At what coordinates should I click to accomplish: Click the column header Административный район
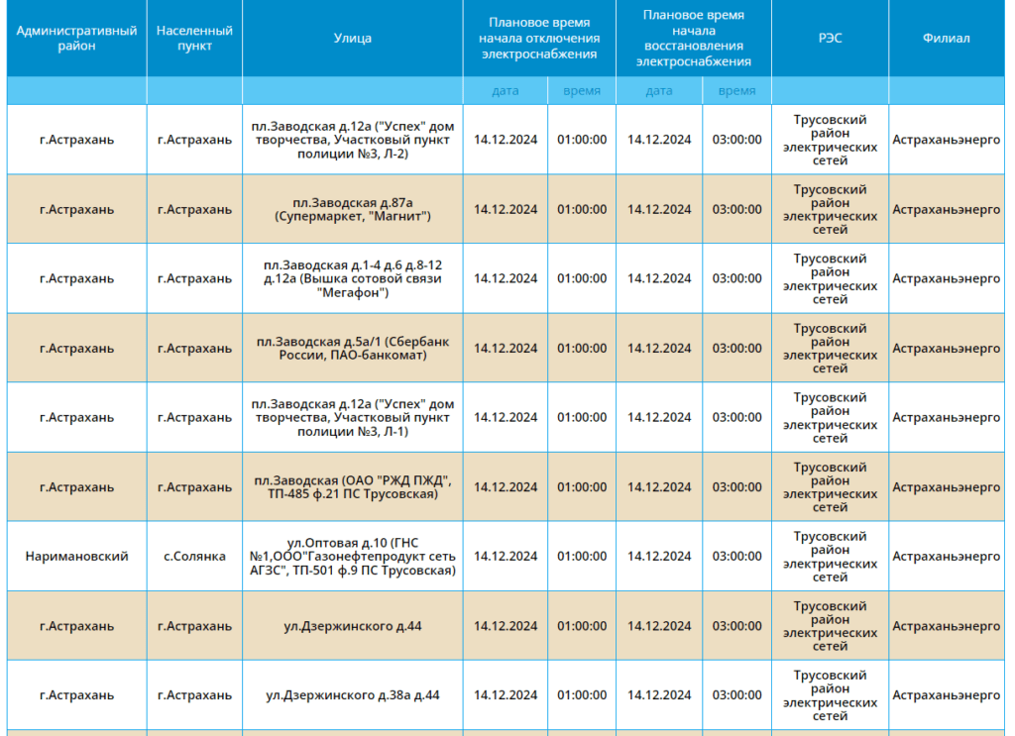coord(76,39)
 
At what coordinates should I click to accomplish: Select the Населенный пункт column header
coord(194,39)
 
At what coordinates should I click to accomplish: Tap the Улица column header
coord(352,39)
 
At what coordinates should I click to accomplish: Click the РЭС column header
coord(830,39)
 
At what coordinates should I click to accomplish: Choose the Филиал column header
coord(946,39)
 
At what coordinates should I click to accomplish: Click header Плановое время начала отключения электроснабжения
coord(539,39)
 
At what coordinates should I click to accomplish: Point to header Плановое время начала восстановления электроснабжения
coord(693,39)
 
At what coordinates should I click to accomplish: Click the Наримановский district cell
coord(76,556)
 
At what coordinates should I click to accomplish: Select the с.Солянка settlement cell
coord(194,556)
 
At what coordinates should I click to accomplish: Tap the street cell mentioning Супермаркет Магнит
coord(352,210)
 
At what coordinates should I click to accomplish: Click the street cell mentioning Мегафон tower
coord(352,278)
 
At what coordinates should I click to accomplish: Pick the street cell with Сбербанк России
coord(352,348)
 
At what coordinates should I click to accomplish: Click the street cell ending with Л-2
coord(352,140)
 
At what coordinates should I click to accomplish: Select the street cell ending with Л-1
coord(352,417)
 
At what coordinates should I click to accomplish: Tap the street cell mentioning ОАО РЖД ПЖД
coord(352,487)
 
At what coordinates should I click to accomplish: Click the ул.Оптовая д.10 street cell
coord(352,556)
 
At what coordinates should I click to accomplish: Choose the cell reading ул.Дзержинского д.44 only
coord(352,626)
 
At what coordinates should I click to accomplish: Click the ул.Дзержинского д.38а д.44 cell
coord(352,695)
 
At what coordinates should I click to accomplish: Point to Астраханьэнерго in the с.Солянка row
coord(946,556)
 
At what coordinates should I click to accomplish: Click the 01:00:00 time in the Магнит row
coord(582,210)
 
